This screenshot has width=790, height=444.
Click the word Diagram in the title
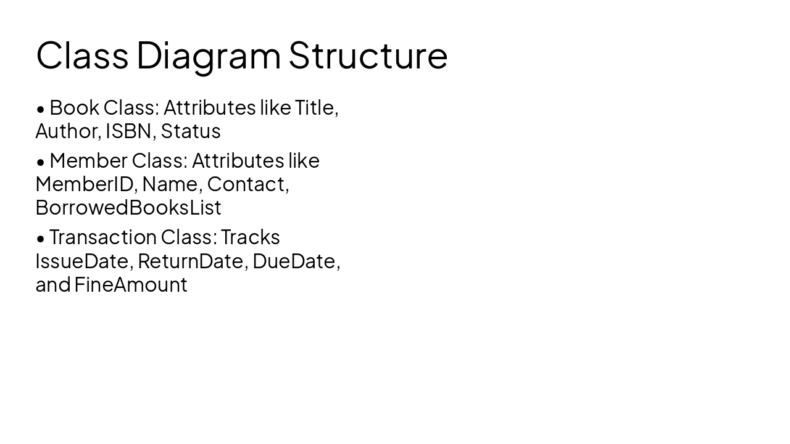[208, 55]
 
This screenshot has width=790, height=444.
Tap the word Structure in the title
[368, 55]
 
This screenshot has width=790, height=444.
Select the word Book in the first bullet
[74, 107]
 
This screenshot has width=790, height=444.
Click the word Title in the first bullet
[315, 107]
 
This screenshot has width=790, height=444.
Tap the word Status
[191, 131]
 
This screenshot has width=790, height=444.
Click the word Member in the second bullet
[88, 160]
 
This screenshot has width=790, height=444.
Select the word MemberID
[83, 184]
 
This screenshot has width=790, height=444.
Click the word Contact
[246, 184]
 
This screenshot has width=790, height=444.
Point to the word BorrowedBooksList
[128, 207]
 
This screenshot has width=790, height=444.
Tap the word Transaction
[103, 237]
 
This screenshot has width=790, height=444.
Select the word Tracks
[251, 237]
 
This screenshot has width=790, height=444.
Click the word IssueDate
[82, 261]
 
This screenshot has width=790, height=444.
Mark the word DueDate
[294, 261]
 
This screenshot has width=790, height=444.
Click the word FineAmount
[131, 284]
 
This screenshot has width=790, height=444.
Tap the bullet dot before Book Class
[41, 109]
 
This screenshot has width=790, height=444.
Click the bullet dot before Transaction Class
[41, 239]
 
